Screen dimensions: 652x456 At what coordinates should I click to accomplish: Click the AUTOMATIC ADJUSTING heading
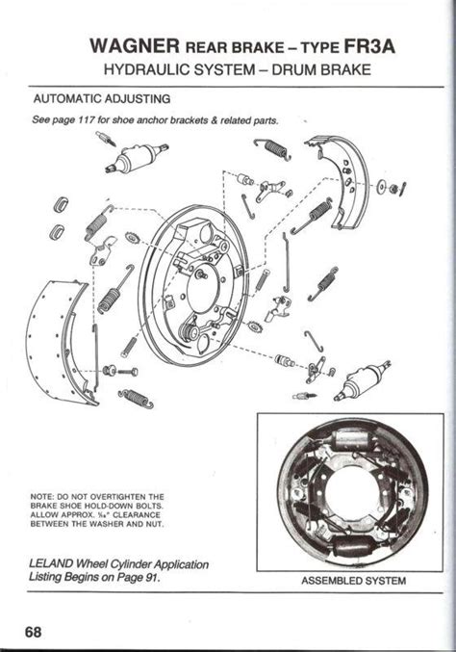click(x=102, y=99)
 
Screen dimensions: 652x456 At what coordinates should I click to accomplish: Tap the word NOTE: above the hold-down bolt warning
click(x=44, y=497)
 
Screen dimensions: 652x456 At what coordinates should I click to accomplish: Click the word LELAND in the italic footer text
click(x=56, y=563)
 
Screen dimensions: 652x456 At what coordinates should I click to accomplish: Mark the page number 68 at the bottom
click(x=36, y=632)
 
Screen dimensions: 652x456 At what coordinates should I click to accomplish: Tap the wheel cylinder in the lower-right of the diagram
click(x=360, y=381)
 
